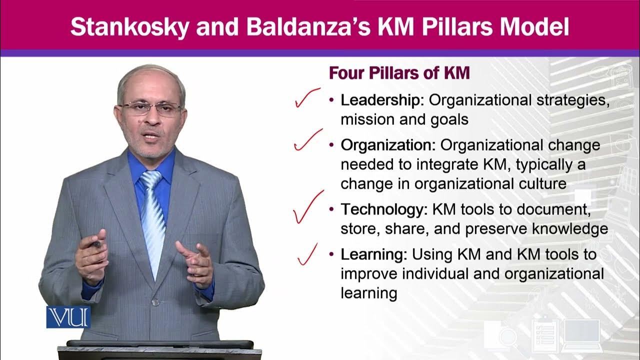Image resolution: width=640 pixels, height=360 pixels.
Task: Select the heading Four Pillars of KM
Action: tap(399, 73)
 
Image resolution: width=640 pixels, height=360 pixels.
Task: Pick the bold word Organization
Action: tap(388, 145)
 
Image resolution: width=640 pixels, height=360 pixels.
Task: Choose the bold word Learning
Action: tap(373, 254)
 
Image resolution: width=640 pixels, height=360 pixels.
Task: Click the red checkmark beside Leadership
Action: tap(307, 98)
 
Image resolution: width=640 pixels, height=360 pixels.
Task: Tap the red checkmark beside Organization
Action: tap(307, 139)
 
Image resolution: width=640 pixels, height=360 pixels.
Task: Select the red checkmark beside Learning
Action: tap(307, 253)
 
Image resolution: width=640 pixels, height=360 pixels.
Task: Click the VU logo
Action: tap(68, 316)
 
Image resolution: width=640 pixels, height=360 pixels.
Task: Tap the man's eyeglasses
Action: tap(150, 108)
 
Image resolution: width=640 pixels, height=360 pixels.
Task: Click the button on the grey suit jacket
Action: tap(155, 302)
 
